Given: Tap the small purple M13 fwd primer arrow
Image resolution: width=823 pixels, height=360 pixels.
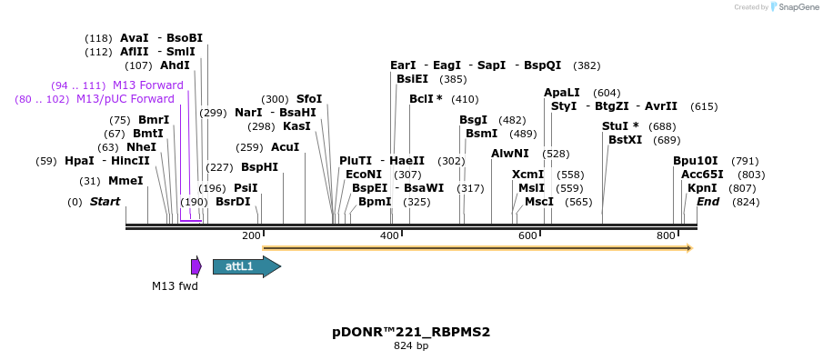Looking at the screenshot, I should point(196,266).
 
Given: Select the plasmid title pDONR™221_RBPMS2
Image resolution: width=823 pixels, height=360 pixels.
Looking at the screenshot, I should point(411,332).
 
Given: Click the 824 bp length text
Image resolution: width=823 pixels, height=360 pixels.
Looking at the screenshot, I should point(411,346).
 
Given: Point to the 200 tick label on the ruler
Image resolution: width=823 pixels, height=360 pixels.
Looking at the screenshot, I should point(251,236).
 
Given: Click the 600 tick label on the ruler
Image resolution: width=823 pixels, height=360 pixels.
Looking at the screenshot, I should point(528,236).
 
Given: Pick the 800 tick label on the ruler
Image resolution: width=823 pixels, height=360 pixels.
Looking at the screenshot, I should point(667,236).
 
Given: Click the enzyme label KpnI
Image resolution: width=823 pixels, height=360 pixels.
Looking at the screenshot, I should point(702,188).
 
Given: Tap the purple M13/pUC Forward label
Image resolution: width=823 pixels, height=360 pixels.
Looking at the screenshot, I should point(125,99).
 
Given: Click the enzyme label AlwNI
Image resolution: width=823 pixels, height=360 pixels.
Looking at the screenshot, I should point(510,154).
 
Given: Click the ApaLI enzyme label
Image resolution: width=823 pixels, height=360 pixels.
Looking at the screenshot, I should point(562,93).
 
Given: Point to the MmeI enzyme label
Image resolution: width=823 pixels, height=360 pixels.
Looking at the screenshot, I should point(125,181).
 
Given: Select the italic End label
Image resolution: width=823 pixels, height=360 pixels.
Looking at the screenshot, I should point(708,202).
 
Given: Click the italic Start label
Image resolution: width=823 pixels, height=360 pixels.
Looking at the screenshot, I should point(105,202).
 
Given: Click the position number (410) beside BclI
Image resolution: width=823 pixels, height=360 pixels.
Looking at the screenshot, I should point(464,99).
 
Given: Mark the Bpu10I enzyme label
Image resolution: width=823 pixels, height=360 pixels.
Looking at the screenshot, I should point(696,161).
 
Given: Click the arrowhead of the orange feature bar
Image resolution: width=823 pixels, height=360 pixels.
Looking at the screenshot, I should point(689,247).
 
